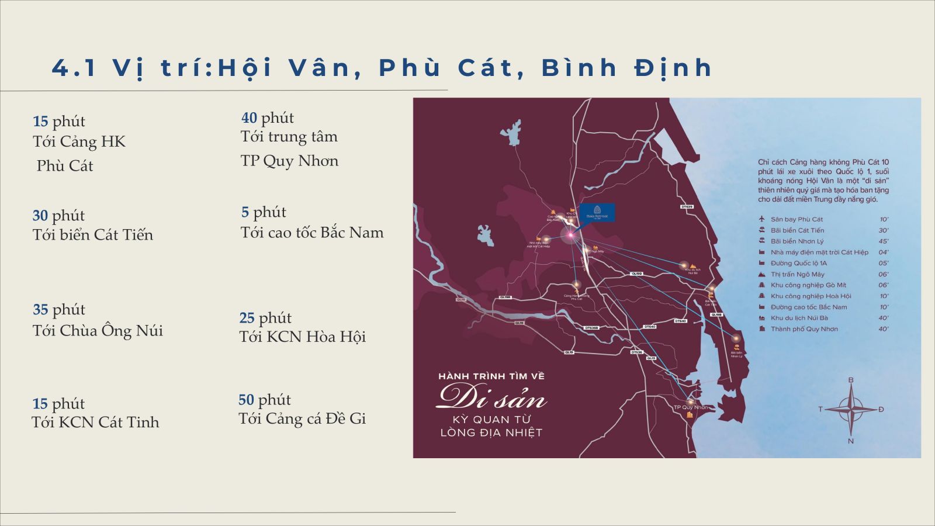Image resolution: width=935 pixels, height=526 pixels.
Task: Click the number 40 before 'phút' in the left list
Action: (x=249, y=118)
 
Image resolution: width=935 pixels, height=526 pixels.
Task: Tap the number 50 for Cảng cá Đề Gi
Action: (x=246, y=400)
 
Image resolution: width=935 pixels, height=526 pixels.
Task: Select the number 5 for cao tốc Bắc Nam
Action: (x=245, y=212)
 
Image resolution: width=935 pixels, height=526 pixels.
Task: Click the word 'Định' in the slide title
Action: (x=673, y=68)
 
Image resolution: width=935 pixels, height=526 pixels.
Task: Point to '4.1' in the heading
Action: (x=74, y=68)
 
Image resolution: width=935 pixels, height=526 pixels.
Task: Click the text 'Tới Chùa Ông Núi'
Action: (x=98, y=331)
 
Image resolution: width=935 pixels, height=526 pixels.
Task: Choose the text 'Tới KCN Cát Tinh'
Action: (x=95, y=423)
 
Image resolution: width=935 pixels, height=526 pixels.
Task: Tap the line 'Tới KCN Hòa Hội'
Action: (x=302, y=337)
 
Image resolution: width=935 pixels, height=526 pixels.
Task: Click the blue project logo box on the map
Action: (x=597, y=212)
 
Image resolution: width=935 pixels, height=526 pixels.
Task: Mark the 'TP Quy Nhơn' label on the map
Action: (x=690, y=407)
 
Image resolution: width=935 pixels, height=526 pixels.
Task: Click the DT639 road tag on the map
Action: (x=687, y=207)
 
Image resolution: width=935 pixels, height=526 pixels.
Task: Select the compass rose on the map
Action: (x=851, y=409)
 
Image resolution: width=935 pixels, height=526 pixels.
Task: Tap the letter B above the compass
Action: (x=851, y=380)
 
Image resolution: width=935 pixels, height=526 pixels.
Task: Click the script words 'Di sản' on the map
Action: (x=491, y=397)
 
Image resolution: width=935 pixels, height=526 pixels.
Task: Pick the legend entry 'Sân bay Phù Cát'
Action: (x=797, y=220)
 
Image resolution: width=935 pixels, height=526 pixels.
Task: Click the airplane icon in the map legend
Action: (x=761, y=219)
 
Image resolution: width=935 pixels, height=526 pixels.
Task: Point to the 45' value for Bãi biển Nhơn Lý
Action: (x=883, y=241)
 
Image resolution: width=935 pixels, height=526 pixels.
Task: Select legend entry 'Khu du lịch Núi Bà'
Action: (x=799, y=318)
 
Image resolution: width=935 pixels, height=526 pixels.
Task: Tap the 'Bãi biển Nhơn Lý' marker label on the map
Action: (x=736, y=354)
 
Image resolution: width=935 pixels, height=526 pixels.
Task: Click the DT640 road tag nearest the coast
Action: (x=680, y=321)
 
